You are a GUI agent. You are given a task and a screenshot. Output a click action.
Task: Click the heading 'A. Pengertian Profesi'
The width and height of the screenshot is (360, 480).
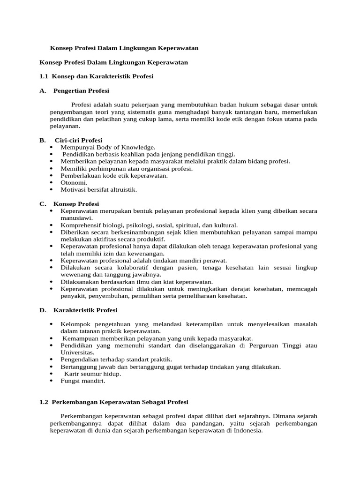pos(75,90)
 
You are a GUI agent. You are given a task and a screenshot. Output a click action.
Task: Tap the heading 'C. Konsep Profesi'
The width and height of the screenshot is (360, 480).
pos(69,204)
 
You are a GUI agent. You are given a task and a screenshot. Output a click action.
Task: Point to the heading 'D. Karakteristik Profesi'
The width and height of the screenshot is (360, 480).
pos(78,310)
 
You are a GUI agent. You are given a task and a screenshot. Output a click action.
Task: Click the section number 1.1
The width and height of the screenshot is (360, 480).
pos(44,76)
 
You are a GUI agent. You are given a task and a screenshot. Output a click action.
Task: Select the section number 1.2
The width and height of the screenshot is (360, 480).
pos(44,402)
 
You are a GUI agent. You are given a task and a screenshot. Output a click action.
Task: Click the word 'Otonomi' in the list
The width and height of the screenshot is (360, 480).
pos(73,182)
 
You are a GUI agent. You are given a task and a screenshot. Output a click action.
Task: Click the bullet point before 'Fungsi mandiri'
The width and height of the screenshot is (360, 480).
pos(51,381)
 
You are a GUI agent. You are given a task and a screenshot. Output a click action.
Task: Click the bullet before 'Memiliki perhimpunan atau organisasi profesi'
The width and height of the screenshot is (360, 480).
pos(51,168)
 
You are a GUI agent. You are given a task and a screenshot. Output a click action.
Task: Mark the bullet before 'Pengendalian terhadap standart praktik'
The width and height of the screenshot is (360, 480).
pos(51,360)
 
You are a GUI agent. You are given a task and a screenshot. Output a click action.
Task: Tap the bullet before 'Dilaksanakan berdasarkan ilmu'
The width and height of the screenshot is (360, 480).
pos(51,282)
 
